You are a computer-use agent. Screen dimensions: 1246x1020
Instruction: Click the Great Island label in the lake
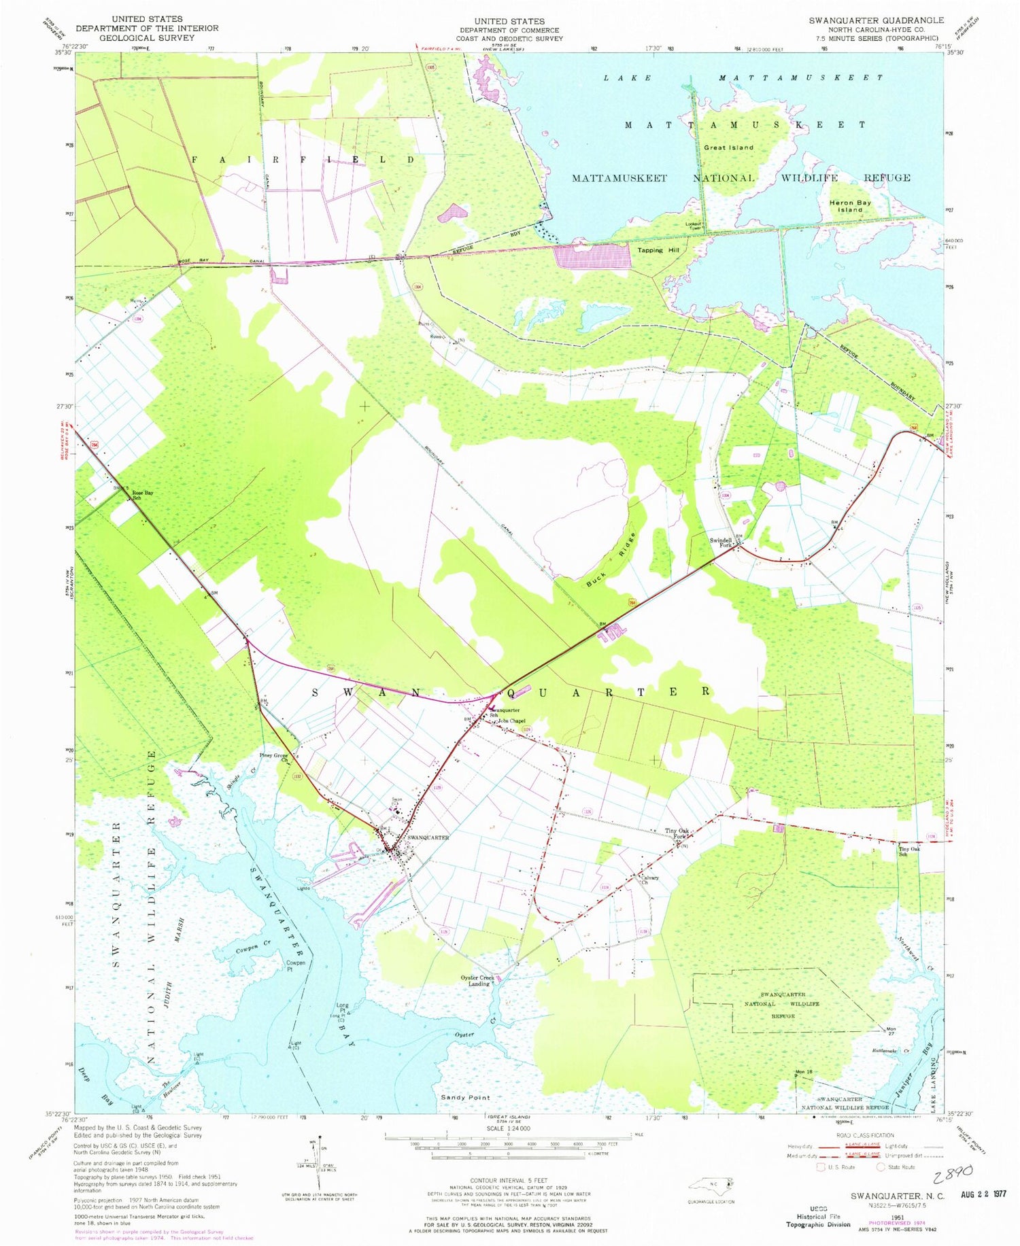[728, 148]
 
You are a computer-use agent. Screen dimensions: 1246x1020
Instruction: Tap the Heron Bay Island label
[849, 206]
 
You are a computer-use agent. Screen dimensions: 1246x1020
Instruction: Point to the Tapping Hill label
[658, 250]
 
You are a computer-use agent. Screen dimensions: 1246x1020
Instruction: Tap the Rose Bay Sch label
[142, 495]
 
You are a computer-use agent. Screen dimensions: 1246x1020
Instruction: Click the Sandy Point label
[465, 1097]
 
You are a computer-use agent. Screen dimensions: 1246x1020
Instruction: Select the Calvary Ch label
[651, 880]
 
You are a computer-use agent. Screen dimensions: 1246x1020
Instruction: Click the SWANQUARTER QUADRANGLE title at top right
[876, 20]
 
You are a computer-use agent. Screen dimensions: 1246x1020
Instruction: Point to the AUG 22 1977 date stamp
[983, 1194]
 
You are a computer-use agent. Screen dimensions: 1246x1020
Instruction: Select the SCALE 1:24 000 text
[509, 1128]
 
